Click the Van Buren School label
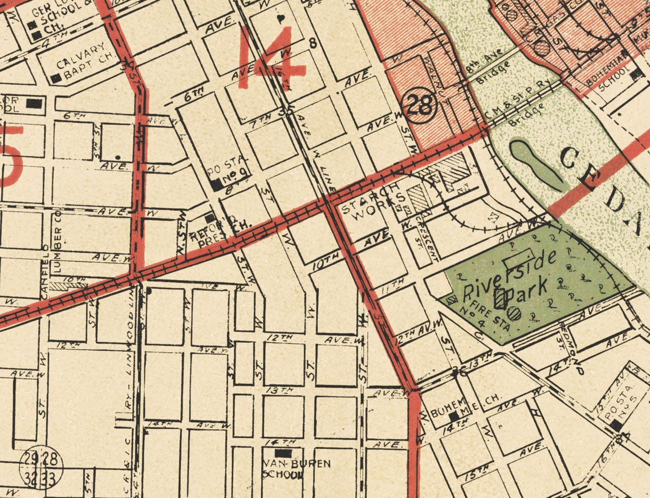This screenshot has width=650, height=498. pyautogui.click(x=295, y=468)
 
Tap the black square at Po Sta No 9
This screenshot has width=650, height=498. pyautogui.click(x=217, y=185)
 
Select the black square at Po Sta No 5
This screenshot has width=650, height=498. pyautogui.click(x=616, y=425)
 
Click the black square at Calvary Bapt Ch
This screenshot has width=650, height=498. pyautogui.click(x=56, y=78)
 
